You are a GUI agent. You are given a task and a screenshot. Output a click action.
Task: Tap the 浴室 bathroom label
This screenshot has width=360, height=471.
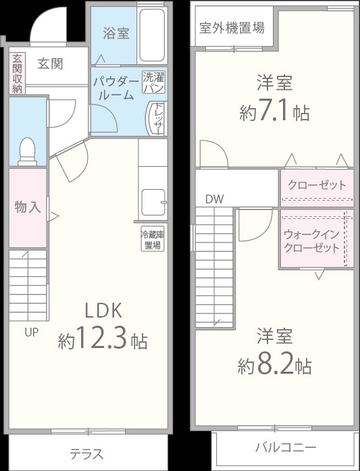coord(115,33)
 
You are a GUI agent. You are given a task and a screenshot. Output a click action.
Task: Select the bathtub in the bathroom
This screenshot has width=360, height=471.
coord(151,35)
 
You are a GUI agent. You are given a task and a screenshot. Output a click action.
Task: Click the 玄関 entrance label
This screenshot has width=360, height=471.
coord(49,64)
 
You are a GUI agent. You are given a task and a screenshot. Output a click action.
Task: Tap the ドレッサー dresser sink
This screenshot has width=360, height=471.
coord(157,119)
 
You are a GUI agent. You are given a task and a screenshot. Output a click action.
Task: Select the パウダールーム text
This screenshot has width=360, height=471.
coord(115,89)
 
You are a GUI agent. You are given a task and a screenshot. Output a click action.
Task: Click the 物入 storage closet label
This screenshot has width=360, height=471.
coord(27,207)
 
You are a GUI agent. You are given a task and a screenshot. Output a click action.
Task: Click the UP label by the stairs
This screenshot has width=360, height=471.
coord(32,332)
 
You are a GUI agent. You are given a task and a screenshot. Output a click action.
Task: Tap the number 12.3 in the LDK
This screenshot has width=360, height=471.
coord(101,339)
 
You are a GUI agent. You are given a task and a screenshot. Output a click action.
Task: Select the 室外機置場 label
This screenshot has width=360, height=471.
coord(232,28)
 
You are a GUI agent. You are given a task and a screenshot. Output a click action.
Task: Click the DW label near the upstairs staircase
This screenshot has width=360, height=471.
coord(214,199)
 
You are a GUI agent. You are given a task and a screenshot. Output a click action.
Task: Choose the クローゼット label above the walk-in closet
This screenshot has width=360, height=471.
coord(317,185)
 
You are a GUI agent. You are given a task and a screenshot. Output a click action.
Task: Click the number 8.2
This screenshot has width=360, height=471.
coord(274,365)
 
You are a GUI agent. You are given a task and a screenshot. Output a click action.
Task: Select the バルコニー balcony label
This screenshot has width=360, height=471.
coord(285,447)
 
